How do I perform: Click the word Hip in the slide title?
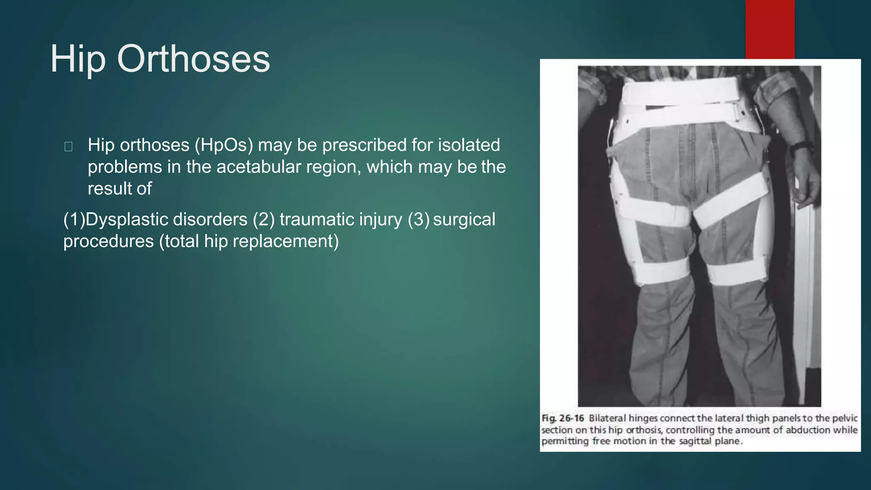click(x=78, y=60)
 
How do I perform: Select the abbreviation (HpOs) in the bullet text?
click(x=224, y=145)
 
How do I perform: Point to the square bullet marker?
click(x=68, y=147)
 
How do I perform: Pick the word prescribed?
click(x=364, y=145)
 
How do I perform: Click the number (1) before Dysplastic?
click(x=74, y=220)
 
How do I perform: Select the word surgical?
click(x=464, y=220)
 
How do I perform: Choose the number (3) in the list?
click(x=418, y=220)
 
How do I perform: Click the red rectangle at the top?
click(x=770, y=29)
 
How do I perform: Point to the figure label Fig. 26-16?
click(x=562, y=419)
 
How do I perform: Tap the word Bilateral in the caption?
click(x=607, y=419)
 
